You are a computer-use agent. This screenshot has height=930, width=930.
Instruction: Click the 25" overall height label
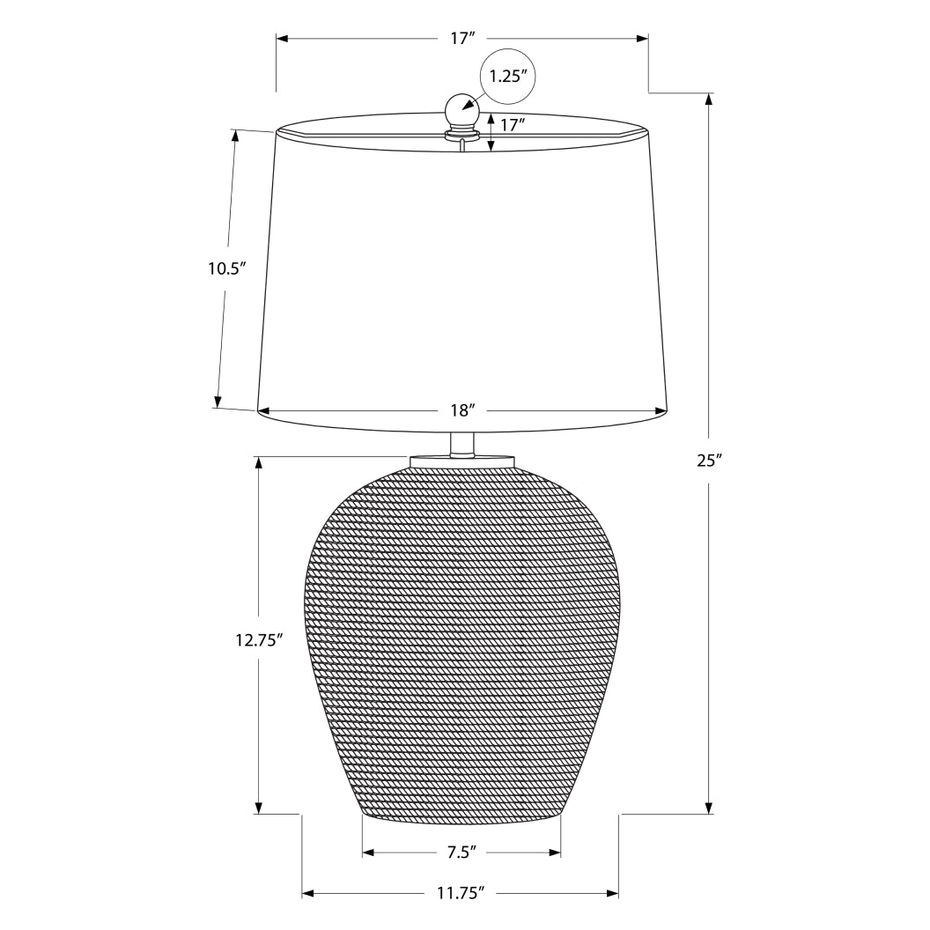pyautogui.click(x=709, y=460)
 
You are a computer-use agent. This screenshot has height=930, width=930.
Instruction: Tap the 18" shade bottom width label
pyautogui.click(x=462, y=410)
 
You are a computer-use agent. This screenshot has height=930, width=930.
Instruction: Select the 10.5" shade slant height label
pyautogui.click(x=225, y=269)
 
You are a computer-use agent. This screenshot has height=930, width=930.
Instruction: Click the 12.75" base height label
pyautogui.click(x=258, y=640)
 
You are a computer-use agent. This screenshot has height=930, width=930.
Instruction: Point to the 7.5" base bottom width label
pyautogui.click(x=461, y=852)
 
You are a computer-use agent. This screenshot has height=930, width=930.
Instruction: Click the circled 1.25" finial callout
pyautogui.click(x=508, y=76)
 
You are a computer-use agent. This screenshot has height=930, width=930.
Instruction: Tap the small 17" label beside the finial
pyautogui.click(x=513, y=125)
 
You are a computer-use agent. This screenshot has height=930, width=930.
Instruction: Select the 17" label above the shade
pyautogui.click(x=462, y=39)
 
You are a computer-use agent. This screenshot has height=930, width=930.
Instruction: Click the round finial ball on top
pyautogui.click(x=461, y=110)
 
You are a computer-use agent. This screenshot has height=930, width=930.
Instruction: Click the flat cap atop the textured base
pyautogui.click(x=461, y=460)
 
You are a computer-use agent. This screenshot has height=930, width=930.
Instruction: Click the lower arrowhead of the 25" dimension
pyautogui.click(x=710, y=808)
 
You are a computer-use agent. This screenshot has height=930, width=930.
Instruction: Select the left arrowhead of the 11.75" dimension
pyautogui.click(x=308, y=893)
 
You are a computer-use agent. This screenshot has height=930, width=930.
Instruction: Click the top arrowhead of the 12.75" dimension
pyautogui.click(x=258, y=462)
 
